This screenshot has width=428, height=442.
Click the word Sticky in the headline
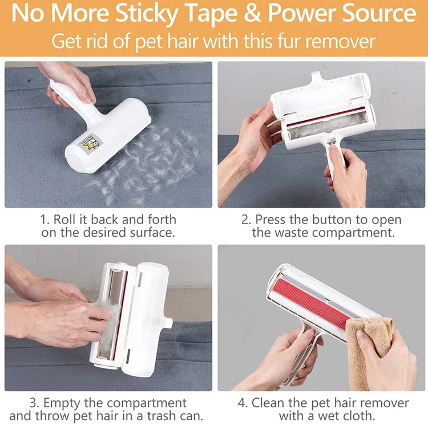tap(147, 14)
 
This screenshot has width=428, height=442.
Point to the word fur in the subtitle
tap(289, 41)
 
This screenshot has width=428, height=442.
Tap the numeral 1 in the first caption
tap(43, 220)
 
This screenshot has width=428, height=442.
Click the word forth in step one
tap(162, 220)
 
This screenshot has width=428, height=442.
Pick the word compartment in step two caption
tap(353, 233)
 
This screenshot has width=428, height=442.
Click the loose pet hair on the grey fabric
tap(147, 164)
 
